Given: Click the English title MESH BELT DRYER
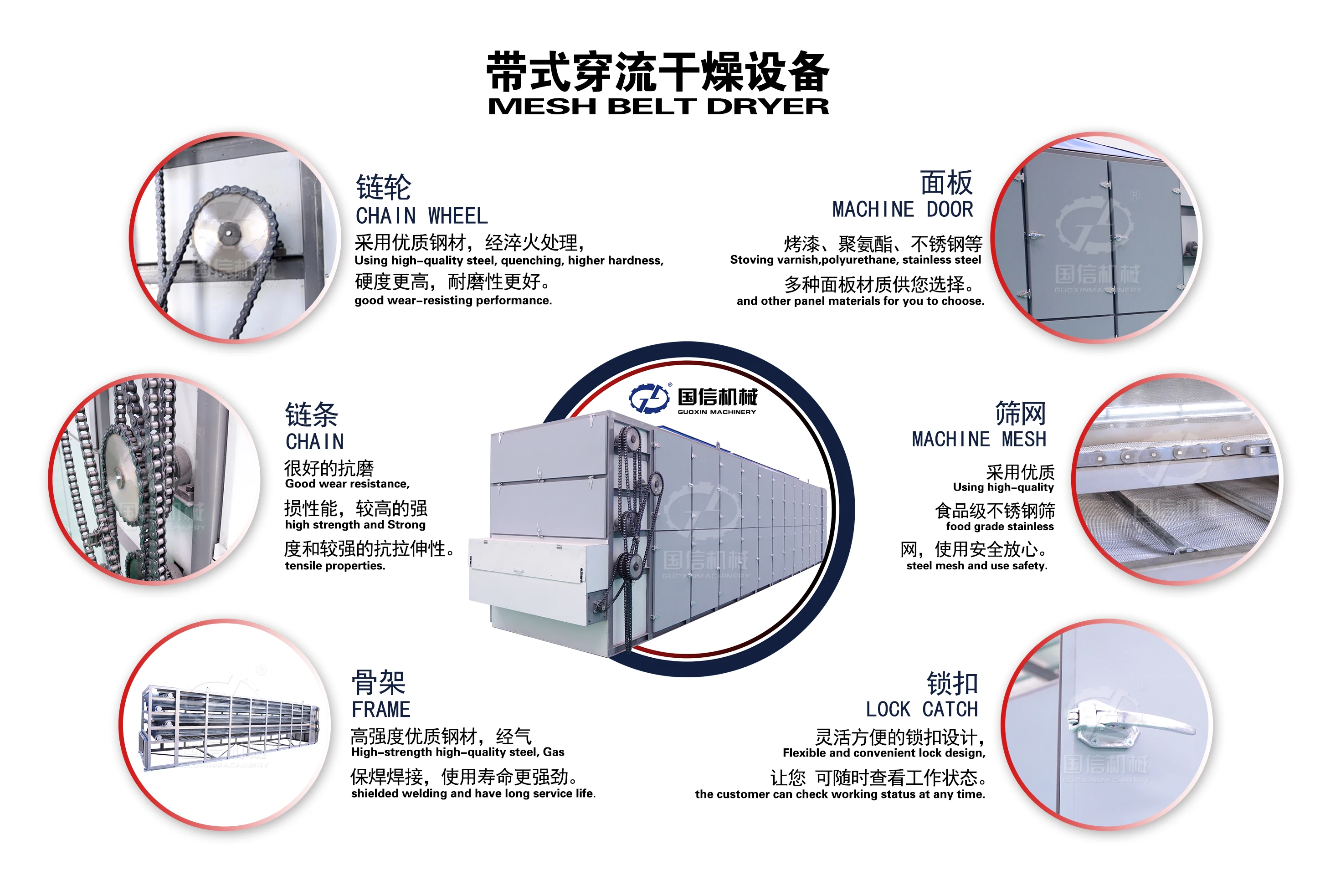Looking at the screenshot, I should coord(658,107).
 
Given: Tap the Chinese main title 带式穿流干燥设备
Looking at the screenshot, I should coord(658,72).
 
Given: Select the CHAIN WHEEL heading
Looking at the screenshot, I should coord(421,216).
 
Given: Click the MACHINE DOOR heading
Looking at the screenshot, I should coord(902,210).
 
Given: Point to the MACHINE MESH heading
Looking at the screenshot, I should coord(979,439).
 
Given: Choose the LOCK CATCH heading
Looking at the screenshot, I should coord(921,709).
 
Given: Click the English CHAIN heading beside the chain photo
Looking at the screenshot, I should coord(314,442).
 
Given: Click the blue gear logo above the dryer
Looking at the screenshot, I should coord(648,399).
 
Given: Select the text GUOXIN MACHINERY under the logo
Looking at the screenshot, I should coord(716,412).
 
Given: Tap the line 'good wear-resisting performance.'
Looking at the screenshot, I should coord(453,301).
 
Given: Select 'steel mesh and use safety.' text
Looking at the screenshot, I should coord(976,566).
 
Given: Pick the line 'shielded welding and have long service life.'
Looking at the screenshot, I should coord(473,793).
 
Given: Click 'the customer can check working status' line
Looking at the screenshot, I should coord(839,794).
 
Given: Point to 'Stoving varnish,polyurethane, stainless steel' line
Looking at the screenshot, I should coord(855,260).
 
